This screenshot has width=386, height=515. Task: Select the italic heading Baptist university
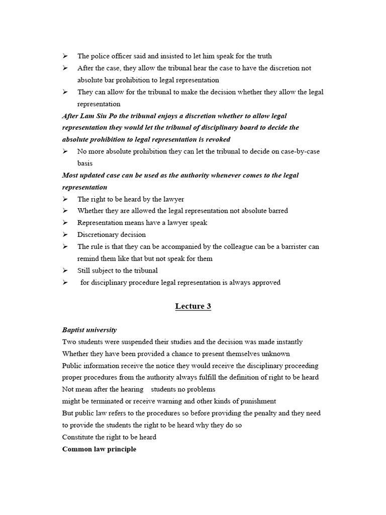click(x=89, y=330)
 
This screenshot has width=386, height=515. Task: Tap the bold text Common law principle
click(x=99, y=449)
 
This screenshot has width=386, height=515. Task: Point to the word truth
click(x=262, y=56)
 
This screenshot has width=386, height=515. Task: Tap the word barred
click(x=275, y=211)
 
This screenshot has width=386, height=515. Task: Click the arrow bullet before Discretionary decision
click(x=65, y=235)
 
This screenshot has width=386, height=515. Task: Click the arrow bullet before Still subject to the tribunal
click(x=65, y=271)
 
